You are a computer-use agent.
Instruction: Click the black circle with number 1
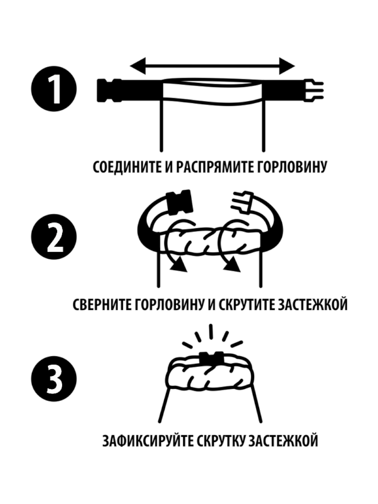54,89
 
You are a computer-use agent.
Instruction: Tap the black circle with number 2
54,237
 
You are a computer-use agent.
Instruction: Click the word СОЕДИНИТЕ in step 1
127,168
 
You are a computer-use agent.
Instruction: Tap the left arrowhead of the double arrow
138,66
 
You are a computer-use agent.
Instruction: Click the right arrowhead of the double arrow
287,66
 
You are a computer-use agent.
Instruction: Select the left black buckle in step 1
109,90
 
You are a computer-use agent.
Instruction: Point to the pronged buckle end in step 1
313,90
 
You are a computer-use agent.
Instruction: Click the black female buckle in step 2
179,202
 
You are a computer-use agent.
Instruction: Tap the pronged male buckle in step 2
242,201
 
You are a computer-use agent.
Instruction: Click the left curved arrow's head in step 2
179,265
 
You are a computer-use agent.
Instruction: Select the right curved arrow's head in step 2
232,265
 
